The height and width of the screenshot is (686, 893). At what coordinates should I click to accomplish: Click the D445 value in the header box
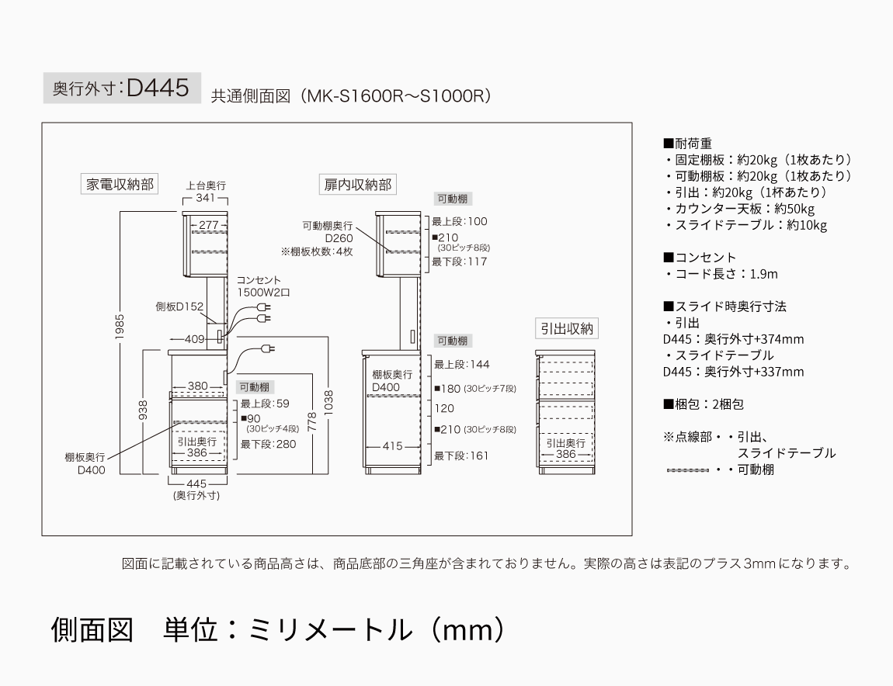158,88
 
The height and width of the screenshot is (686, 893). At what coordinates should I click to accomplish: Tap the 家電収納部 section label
120,185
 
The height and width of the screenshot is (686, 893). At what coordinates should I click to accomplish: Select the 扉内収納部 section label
358,185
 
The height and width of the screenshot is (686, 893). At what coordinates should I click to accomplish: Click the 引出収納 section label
567,328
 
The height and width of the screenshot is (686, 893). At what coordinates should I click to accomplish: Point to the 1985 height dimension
120,327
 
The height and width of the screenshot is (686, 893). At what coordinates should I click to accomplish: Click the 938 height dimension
143,410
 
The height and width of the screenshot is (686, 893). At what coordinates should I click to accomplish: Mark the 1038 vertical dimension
328,403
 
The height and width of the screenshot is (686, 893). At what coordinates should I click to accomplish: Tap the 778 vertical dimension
311,421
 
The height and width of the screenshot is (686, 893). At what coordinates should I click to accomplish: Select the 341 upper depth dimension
206,198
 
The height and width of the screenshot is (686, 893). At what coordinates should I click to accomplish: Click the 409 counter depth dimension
194,339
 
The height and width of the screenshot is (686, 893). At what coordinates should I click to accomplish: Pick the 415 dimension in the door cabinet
392,446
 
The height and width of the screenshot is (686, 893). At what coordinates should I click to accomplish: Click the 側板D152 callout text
179,307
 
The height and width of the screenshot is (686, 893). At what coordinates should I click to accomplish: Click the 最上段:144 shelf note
462,365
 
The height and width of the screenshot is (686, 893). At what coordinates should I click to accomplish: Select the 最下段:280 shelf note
268,444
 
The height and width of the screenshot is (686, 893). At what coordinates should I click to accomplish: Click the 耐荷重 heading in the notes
687,144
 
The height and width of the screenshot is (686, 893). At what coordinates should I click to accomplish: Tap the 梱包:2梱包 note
704,404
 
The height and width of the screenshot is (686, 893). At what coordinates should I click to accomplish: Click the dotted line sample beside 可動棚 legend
688,470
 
